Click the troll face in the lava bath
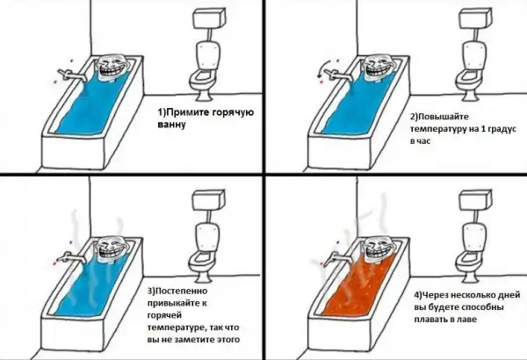379,251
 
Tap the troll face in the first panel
113,68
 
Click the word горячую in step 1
234,112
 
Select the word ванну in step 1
172,124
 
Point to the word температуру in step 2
437,129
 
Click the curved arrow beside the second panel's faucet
323,68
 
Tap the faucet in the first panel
72,76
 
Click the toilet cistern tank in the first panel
209,18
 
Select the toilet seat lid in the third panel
207,238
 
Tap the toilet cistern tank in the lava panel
476,199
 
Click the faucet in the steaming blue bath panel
71,257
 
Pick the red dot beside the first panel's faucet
55,81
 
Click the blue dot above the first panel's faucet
71,61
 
